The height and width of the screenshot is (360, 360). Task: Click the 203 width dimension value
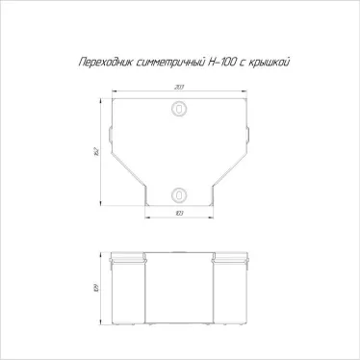[179, 88]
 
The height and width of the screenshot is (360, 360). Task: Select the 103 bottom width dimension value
[179, 213]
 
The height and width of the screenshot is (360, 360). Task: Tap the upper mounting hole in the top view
[179, 111]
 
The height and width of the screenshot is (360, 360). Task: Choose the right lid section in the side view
[229, 289]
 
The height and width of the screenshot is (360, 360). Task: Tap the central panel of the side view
[179, 289]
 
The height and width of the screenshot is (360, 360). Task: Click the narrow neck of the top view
[179, 198]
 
